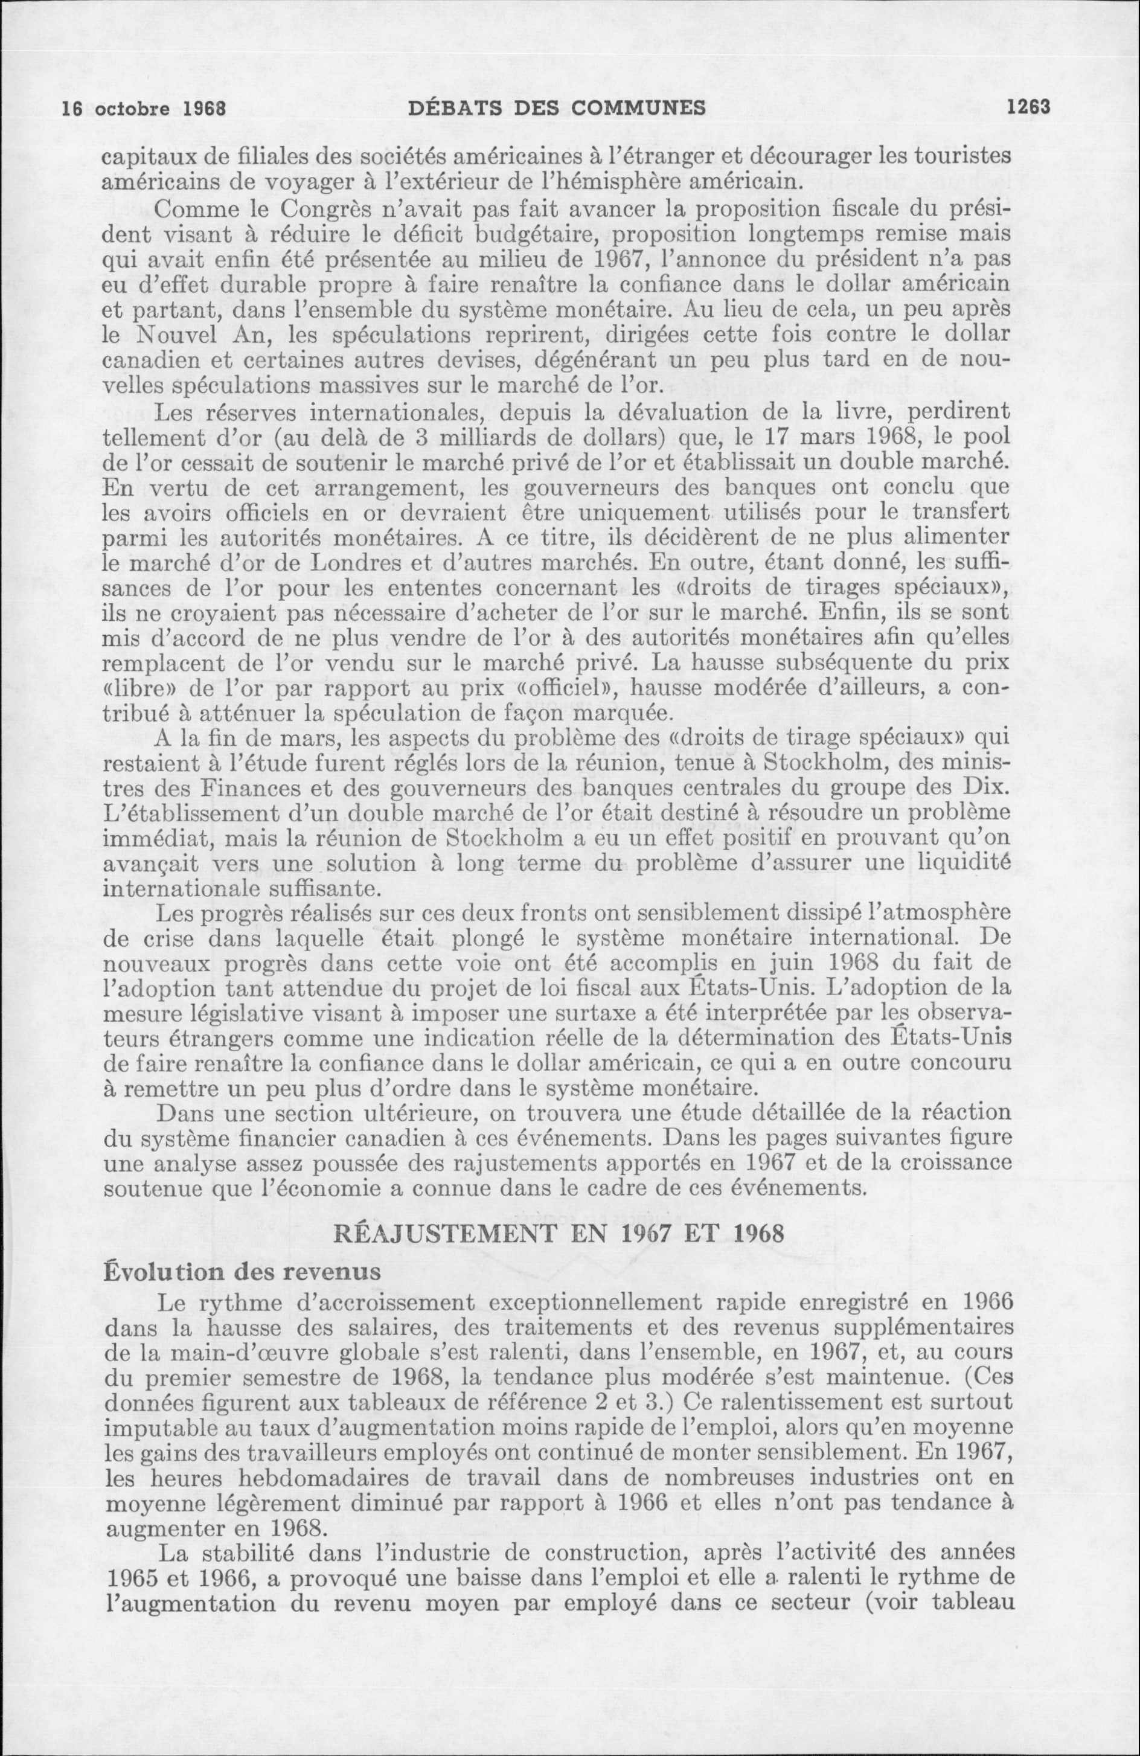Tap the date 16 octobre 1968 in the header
pos(144,109)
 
